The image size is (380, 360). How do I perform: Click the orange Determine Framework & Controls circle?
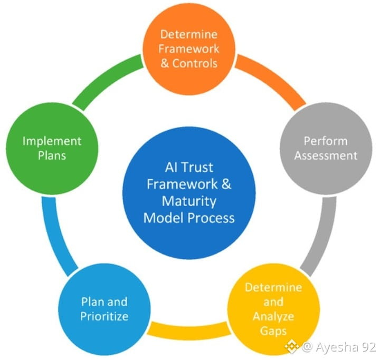(189, 49)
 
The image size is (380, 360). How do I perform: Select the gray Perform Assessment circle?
(326, 149)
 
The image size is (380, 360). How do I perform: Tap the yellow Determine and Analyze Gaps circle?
(273, 309)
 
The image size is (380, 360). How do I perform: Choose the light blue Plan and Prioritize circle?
(104, 309)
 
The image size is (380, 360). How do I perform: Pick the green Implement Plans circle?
(52, 149)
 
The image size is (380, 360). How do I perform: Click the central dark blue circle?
(189, 193)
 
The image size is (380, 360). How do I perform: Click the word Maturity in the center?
(189, 201)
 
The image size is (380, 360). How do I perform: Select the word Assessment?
(326, 155)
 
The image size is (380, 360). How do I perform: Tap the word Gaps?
(273, 331)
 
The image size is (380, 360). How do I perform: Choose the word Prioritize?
(104, 316)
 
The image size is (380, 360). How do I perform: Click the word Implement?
(52, 141)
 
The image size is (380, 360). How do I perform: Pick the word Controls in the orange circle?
(195, 63)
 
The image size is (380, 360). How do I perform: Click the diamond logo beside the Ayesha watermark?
(292, 346)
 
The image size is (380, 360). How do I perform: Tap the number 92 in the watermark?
(369, 347)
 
